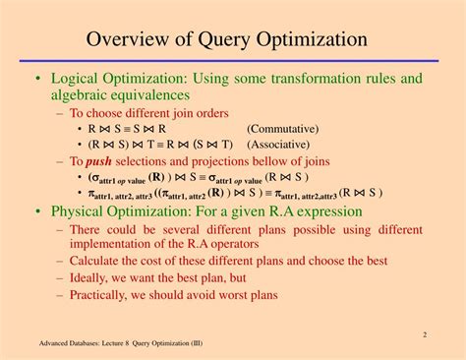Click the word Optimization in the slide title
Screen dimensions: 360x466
pyautogui.click(x=312, y=40)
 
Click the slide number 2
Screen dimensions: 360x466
pyautogui.click(x=425, y=334)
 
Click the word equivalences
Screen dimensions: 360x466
pyautogui.click(x=165, y=95)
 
